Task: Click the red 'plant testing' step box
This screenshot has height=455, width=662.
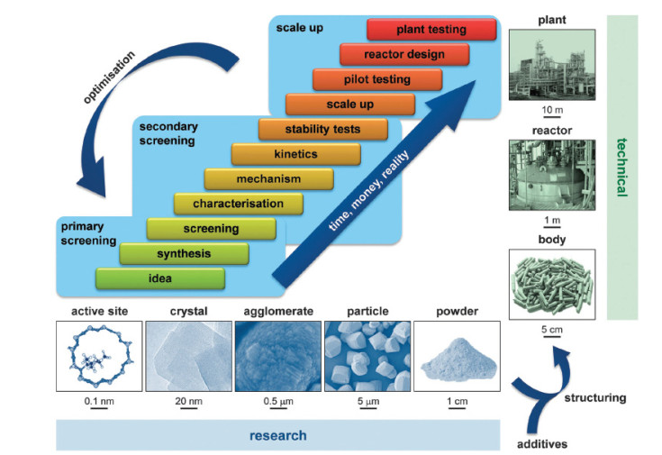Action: (431, 30)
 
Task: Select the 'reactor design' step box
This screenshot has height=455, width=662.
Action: (404, 54)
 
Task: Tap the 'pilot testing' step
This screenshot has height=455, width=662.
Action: (377, 79)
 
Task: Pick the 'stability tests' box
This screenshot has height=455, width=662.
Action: (323, 129)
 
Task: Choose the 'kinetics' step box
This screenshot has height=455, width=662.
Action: (296, 154)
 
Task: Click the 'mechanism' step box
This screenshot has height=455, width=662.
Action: (269, 179)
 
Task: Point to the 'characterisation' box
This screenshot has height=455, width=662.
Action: (239, 204)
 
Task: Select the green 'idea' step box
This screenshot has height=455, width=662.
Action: (160, 278)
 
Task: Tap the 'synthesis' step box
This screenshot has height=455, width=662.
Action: (184, 254)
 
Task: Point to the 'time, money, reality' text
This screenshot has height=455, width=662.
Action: (368, 190)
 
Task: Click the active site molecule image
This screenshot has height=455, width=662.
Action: (99, 356)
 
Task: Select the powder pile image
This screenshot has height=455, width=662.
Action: (458, 356)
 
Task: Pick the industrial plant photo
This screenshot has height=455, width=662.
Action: (552, 65)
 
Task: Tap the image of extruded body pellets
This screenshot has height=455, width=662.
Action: (552, 285)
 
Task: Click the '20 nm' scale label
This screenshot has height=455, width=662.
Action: (189, 401)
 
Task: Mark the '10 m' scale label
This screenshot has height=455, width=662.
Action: (552, 110)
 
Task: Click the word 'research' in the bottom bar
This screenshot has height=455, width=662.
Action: (277, 435)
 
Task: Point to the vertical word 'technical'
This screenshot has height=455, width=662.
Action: (621, 168)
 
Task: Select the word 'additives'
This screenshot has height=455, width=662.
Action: (542, 444)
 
